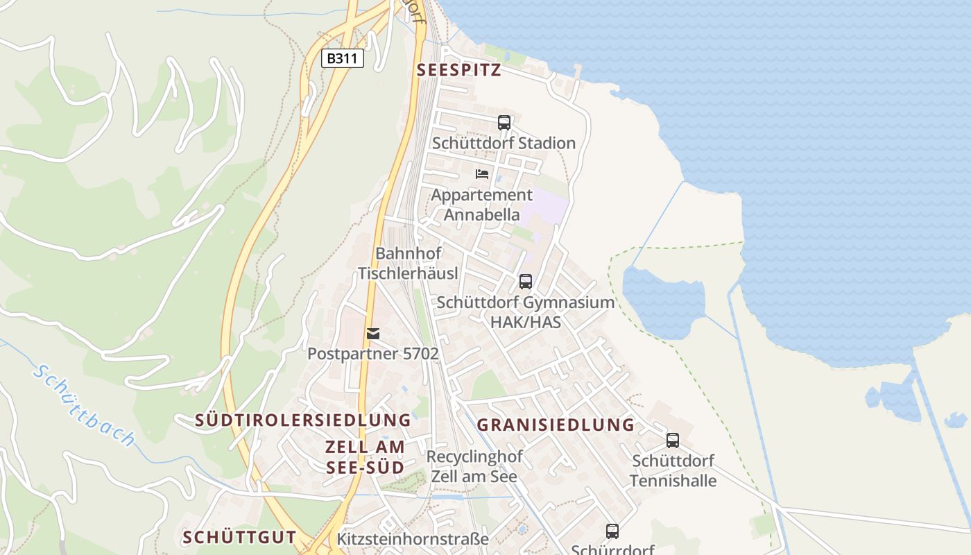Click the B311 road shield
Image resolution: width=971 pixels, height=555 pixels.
(x=343, y=58)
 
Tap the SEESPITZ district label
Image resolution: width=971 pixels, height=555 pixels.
(x=458, y=71)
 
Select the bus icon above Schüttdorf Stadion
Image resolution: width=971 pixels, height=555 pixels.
(x=504, y=123)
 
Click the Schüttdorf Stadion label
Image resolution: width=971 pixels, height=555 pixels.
(x=504, y=143)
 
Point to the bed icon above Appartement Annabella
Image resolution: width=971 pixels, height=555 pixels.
(x=482, y=173)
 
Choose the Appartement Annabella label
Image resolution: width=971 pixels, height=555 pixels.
(x=482, y=205)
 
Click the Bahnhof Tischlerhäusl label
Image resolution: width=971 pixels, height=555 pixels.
(x=408, y=263)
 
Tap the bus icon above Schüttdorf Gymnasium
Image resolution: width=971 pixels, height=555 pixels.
(x=526, y=282)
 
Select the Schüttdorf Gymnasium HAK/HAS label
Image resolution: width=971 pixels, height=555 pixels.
(x=525, y=312)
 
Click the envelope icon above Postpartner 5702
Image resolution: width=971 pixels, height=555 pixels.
(x=373, y=334)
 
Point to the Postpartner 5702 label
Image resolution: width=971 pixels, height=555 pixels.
(x=373, y=354)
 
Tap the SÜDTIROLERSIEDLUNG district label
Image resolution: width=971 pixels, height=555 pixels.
(x=303, y=420)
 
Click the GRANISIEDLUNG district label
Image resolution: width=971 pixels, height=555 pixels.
(x=556, y=425)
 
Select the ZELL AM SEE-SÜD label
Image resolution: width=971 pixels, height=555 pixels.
(x=366, y=456)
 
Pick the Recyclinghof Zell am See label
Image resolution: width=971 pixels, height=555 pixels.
(x=474, y=467)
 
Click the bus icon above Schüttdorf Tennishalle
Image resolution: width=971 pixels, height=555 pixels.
(x=672, y=440)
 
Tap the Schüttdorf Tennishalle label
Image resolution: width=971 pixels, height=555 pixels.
(x=673, y=470)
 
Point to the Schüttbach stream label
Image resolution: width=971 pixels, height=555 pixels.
(x=84, y=406)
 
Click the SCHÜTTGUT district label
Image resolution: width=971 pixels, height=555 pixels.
(x=239, y=537)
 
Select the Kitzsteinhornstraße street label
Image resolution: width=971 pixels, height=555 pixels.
(x=413, y=539)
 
